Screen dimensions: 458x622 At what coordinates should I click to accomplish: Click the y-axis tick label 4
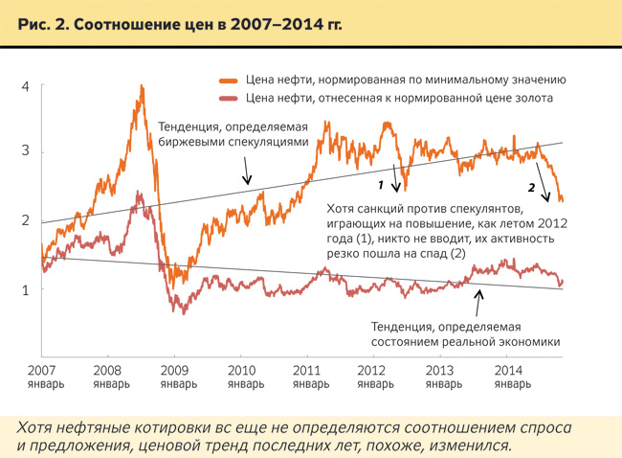pos(26,86)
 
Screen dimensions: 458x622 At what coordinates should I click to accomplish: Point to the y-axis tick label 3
pos(26,151)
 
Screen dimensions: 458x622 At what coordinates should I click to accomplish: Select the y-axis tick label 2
pos(26,220)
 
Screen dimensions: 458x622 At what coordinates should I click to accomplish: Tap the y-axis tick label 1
pos(26,288)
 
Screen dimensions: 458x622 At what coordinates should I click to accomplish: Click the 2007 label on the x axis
pos(40,369)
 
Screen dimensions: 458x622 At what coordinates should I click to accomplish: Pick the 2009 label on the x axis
pos(173,369)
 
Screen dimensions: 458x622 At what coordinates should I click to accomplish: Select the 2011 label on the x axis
pos(306,369)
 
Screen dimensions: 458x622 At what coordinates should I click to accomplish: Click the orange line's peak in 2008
pos(142,86)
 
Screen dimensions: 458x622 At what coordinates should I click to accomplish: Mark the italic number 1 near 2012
pos(381,183)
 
